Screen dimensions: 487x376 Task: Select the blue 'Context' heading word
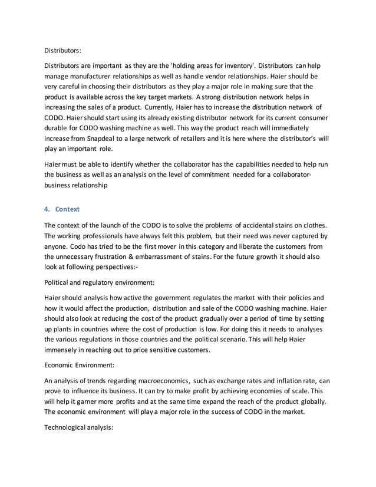tap(68, 209)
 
